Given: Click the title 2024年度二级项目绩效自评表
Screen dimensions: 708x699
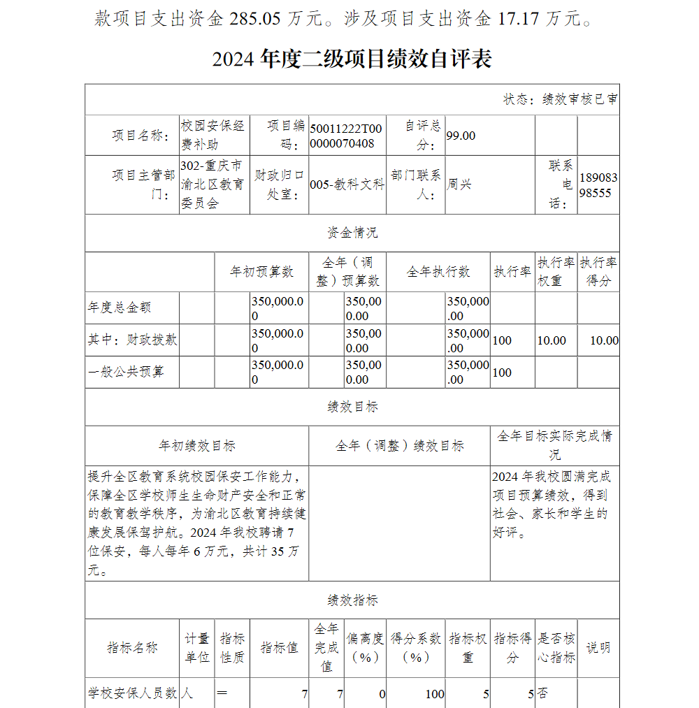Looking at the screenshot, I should point(352,59).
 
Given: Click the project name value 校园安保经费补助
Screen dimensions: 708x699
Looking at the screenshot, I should point(212,135).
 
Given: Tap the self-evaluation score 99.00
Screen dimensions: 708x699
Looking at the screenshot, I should point(461,136).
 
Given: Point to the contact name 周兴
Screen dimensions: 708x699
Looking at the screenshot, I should point(459,185).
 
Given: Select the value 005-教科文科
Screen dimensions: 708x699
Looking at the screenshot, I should point(347,185).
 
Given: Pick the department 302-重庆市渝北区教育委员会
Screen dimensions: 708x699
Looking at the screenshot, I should point(212,185).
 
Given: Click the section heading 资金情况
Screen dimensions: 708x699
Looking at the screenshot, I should point(352,233).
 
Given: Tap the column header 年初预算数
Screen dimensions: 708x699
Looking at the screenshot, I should point(261,272).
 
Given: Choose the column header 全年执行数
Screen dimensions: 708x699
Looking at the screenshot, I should point(438,272).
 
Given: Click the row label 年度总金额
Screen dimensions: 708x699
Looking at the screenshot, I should point(120,308).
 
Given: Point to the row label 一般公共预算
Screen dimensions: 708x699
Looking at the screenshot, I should point(126,372).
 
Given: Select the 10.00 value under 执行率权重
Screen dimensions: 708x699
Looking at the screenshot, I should point(552,340).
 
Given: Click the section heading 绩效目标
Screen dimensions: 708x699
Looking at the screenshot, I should point(352,407).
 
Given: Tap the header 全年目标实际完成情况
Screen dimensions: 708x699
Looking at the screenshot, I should point(554,445).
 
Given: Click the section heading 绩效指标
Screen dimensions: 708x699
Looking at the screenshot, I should point(352,600).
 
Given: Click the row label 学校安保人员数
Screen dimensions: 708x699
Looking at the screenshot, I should point(132,693).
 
